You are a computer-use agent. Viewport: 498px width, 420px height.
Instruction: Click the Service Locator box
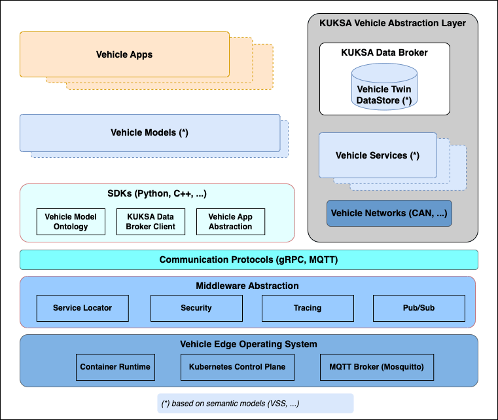[x=82, y=308]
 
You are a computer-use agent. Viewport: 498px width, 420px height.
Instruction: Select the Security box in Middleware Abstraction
[x=196, y=308]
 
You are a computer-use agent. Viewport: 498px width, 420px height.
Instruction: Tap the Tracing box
[x=308, y=308]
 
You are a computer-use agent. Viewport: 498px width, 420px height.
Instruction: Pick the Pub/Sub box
[x=419, y=308]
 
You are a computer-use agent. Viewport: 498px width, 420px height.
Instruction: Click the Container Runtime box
[x=115, y=367]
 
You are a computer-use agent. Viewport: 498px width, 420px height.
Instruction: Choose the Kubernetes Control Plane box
[x=238, y=367]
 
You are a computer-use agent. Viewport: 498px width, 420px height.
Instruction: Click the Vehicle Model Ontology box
[x=71, y=222]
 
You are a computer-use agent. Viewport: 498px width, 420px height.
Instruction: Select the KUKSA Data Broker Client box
[x=151, y=222]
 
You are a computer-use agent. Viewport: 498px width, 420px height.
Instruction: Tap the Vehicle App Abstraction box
[x=230, y=222]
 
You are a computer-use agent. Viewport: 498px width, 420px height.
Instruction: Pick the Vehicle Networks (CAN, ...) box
[x=389, y=214]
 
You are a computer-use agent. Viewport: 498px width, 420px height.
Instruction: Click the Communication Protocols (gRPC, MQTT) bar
[x=249, y=260]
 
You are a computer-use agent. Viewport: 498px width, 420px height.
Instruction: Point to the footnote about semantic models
[x=255, y=403]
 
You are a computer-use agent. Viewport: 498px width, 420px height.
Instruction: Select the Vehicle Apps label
[x=124, y=54]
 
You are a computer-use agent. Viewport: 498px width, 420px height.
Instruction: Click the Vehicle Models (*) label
[x=149, y=133]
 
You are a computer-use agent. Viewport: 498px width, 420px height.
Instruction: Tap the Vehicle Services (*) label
[x=378, y=156]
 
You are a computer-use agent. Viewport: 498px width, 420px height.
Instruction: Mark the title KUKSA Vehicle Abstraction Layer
[x=393, y=24]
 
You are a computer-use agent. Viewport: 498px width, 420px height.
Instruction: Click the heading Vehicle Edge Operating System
[x=249, y=344]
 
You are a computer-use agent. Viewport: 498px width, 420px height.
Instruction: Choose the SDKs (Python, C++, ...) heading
[x=157, y=194]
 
